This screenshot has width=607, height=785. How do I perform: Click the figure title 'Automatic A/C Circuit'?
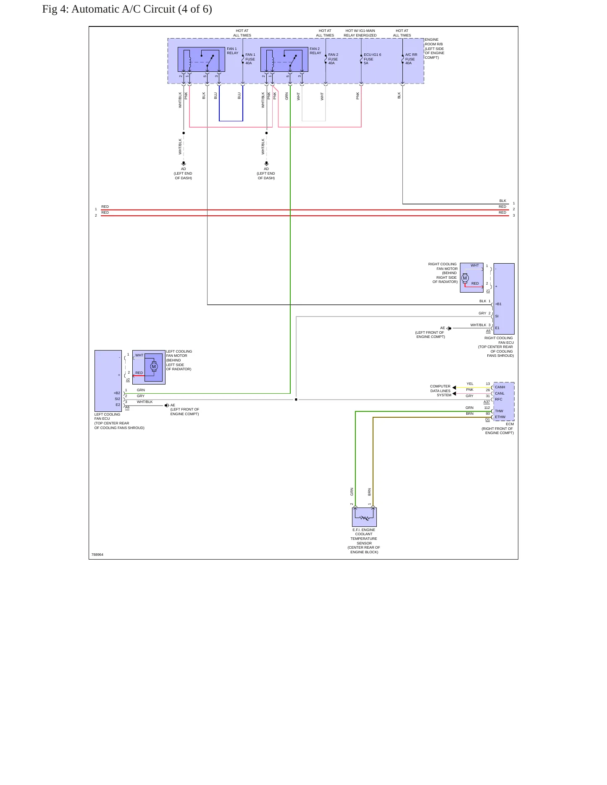click(x=123, y=9)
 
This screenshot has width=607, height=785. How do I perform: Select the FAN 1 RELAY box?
click(x=201, y=59)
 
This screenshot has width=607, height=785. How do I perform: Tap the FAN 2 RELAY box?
click(x=284, y=59)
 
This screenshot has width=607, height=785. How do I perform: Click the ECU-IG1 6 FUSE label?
click(x=372, y=59)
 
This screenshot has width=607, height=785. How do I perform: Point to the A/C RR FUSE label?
click(x=411, y=59)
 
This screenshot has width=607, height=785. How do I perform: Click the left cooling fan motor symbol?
click(x=154, y=366)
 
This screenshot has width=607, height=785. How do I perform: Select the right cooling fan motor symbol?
click(x=465, y=278)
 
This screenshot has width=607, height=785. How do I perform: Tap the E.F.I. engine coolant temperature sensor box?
click(x=364, y=517)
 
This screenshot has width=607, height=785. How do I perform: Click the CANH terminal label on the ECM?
click(x=500, y=387)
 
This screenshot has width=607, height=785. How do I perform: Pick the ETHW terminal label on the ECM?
click(x=500, y=417)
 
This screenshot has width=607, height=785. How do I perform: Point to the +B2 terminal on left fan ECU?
click(x=117, y=393)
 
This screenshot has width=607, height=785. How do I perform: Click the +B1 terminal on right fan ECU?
click(x=498, y=304)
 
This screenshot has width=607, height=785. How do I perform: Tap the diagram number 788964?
click(x=97, y=555)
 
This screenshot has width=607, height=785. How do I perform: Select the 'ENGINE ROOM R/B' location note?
click(x=434, y=48)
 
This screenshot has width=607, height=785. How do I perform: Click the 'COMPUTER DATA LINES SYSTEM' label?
click(x=440, y=390)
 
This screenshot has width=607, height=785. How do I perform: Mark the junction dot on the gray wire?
click(x=296, y=400)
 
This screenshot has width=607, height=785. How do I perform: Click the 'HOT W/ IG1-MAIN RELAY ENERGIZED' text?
click(x=360, y=33)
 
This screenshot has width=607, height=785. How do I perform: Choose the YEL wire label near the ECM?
click(x=470, y=384)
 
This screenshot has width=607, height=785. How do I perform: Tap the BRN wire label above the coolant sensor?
click(x=370, y=492)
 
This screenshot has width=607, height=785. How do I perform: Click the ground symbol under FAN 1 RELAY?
click(x=184, y=163)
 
